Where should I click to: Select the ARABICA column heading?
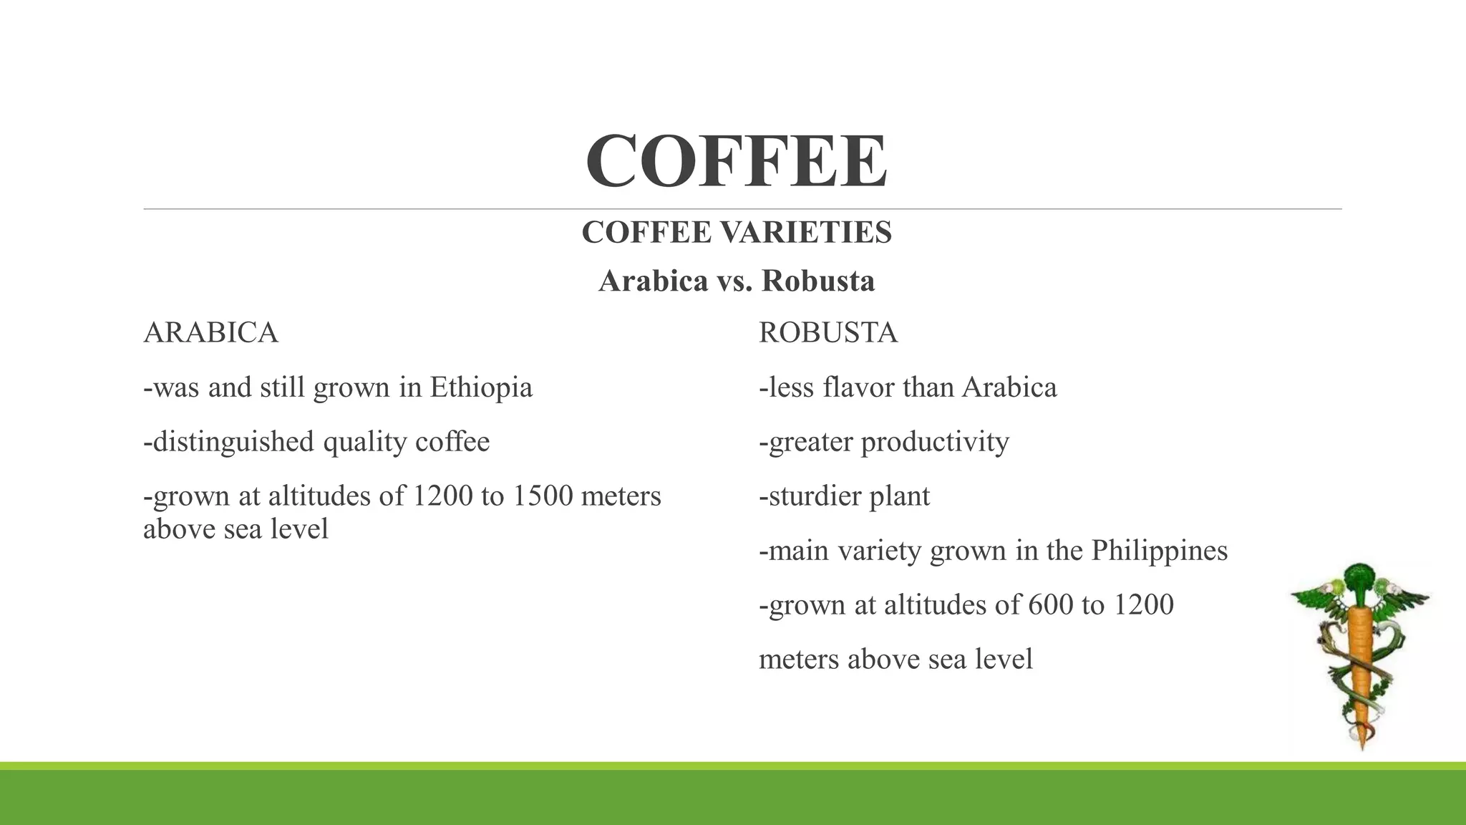210,333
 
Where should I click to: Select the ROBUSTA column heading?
827,333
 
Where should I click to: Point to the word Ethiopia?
481,387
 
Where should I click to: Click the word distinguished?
233,442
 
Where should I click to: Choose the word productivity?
935,442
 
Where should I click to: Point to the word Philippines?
1159,551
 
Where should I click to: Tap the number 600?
1050,605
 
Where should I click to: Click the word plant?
899,496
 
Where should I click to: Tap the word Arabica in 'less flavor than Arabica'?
1009,387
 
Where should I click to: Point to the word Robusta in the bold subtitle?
818,281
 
